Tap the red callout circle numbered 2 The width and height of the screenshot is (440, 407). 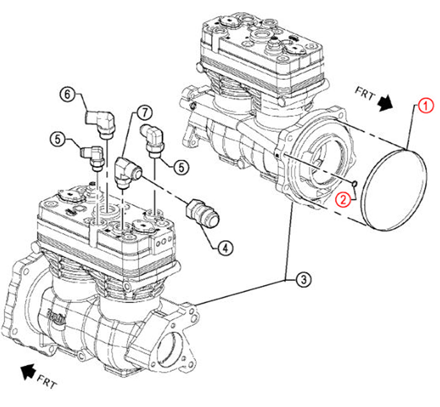[x=343, y=199]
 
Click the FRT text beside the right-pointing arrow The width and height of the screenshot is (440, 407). [x=365, y=94]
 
